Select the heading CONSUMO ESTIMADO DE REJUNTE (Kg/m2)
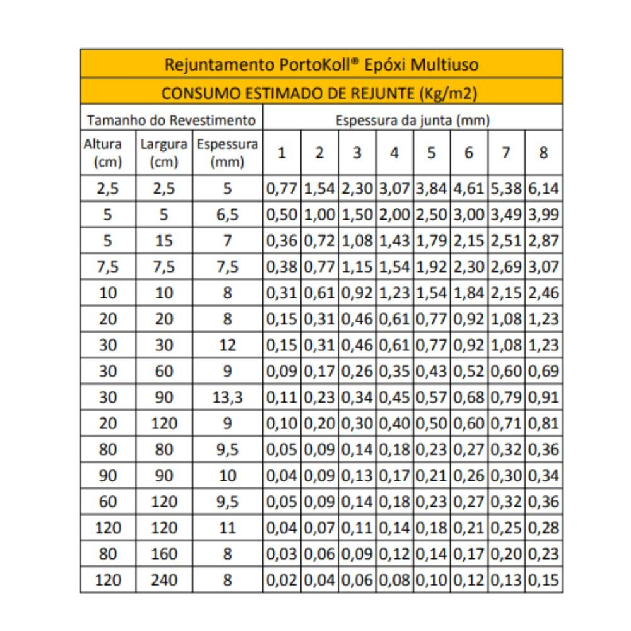[x=319, y=93]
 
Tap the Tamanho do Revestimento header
[x=172, y=119]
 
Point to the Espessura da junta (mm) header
[x=413, y=119]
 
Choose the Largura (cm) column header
[x=164, y=153]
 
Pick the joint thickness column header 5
[x=432, y=153]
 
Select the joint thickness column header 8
[x=543, y=153]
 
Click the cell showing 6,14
[x=544, y=188]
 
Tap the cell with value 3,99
[x=544, y=215]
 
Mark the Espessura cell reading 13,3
[x=228, y=398]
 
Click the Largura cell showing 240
[x=164, y=580]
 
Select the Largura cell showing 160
[x=164, y=554]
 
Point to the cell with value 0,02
[x=282, y=580]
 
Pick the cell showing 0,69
[x=544, y=371]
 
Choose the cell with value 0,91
[x=544, y=398]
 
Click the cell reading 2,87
[x=544, y=240]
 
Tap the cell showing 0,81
[x=544, y=423]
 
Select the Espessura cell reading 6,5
[x=228, y=215]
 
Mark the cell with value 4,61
[x=469, y=188]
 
